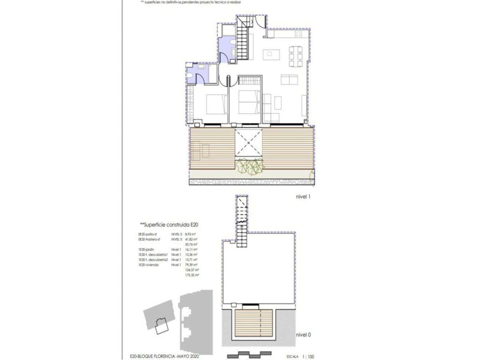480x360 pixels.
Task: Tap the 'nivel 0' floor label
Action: pos(303,335)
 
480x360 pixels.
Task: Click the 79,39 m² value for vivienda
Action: pos(191,265)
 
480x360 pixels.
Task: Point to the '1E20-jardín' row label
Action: pos(146,250)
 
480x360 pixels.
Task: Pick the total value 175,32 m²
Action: pos(192,276)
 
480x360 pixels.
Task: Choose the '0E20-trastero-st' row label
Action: pos(149,240)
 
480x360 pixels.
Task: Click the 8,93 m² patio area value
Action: pos(191,235)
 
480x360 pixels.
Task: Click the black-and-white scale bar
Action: pos(249,355)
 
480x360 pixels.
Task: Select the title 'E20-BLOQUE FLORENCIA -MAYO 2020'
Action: pos(164,357)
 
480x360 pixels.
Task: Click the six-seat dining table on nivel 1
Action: pos(295,57)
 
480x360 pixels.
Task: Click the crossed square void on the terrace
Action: pos(248,144)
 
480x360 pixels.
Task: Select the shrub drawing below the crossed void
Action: pos(249,167)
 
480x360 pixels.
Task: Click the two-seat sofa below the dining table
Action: pos(290,79)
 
